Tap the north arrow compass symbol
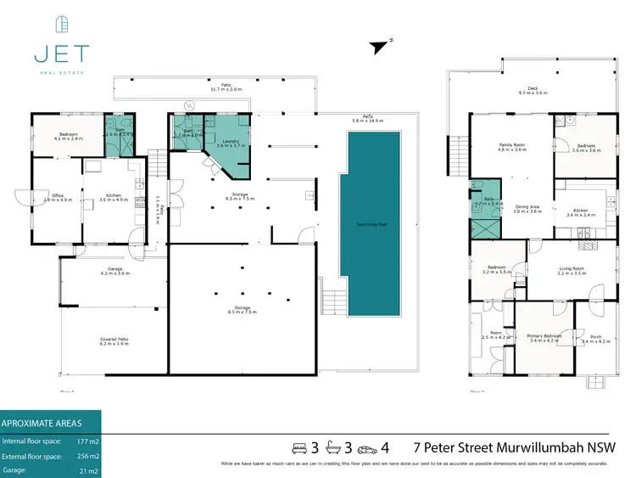pos(378,48)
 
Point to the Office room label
pos(58,196)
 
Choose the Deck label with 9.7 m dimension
pos(533,88)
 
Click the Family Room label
pos(512,145)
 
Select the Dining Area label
pos(527,206)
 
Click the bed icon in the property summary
pos(298,447)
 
